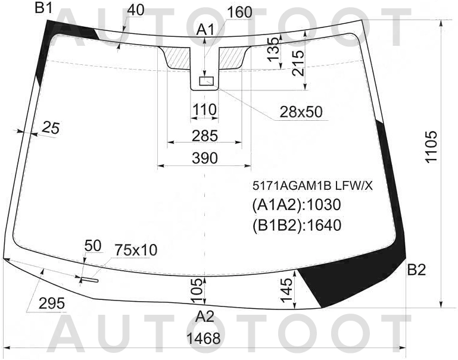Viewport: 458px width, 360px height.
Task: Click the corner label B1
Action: pos(43,8)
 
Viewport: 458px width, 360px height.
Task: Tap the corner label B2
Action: pos(416,270)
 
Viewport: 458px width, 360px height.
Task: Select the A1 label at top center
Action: pos(205,30)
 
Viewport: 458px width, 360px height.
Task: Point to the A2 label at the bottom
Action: pos(205,317)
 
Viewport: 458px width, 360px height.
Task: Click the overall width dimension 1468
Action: pos(204,339)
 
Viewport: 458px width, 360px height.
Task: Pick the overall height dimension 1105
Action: pos(431,146)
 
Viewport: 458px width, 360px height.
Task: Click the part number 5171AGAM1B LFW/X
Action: pos(313,186)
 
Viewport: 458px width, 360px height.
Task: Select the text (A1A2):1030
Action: pos(297,205)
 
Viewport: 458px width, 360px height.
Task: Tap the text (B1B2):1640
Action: pos(297,225)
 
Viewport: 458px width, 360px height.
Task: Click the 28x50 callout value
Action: pos(301,112)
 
